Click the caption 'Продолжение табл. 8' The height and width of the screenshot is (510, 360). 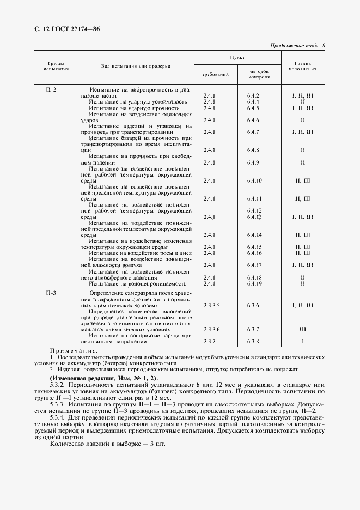coord(297,45)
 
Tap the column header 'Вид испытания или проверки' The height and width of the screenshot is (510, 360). coord(136,66)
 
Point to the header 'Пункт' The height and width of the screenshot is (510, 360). coord(237,57)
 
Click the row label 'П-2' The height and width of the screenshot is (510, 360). coord(51,89)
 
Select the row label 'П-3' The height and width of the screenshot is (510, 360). coord(51,293)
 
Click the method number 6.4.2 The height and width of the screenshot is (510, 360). coord(253,95)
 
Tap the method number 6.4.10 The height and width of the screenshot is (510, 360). coord(254,180)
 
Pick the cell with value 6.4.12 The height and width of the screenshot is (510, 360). coord(254,210)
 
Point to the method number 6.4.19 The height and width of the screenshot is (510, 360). coord(254,283)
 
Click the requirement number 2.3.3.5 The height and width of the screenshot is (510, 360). coord(211,306)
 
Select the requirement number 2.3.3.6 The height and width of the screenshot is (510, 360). coord(211,330)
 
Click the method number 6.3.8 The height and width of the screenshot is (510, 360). coord(253,342)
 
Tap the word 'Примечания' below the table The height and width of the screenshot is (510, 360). coord(73,350)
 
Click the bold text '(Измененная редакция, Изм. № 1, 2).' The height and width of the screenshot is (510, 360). coord(103,378)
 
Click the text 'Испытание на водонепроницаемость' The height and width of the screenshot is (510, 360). coord(138,283)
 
